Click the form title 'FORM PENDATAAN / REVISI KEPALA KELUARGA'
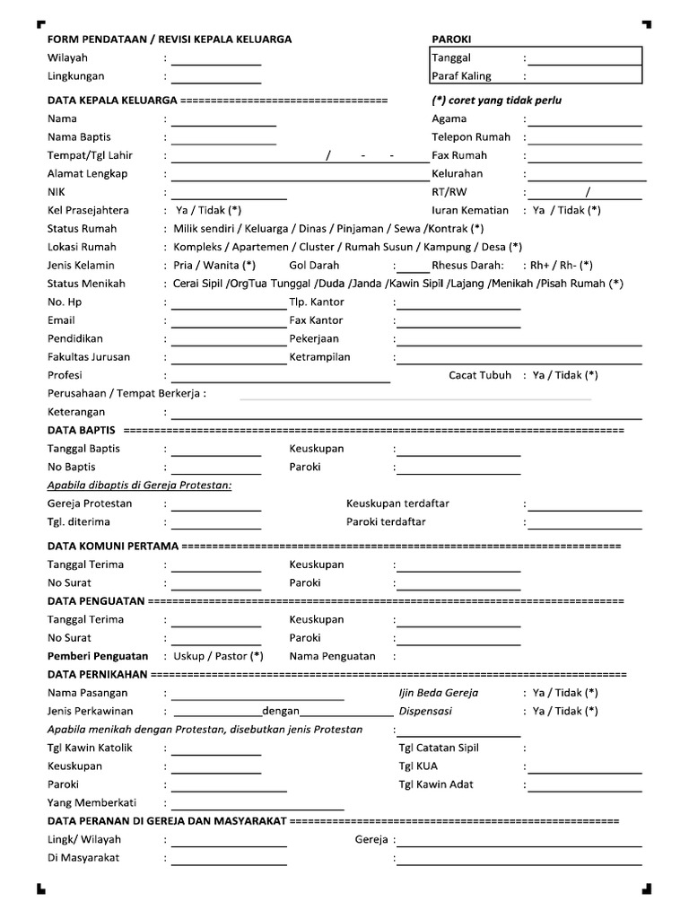[x=170, y=39]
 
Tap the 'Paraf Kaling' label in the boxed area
[x=461, y=76]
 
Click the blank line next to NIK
[x=229, y=194]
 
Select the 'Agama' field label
[x=449, y=118]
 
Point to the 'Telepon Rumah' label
[x=471, y=137]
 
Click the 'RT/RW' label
[x=449, y=192]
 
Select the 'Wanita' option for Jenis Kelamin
[x=220, y=266]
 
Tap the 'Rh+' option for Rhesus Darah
[x=541, y=266]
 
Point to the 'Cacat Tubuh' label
[x=480, y=375]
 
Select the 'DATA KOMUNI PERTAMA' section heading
[x=113, y=547]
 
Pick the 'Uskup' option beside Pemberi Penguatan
[x=189, y=656]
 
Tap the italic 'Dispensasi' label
[x=425, y=711]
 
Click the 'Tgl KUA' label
[x=418, y=766]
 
